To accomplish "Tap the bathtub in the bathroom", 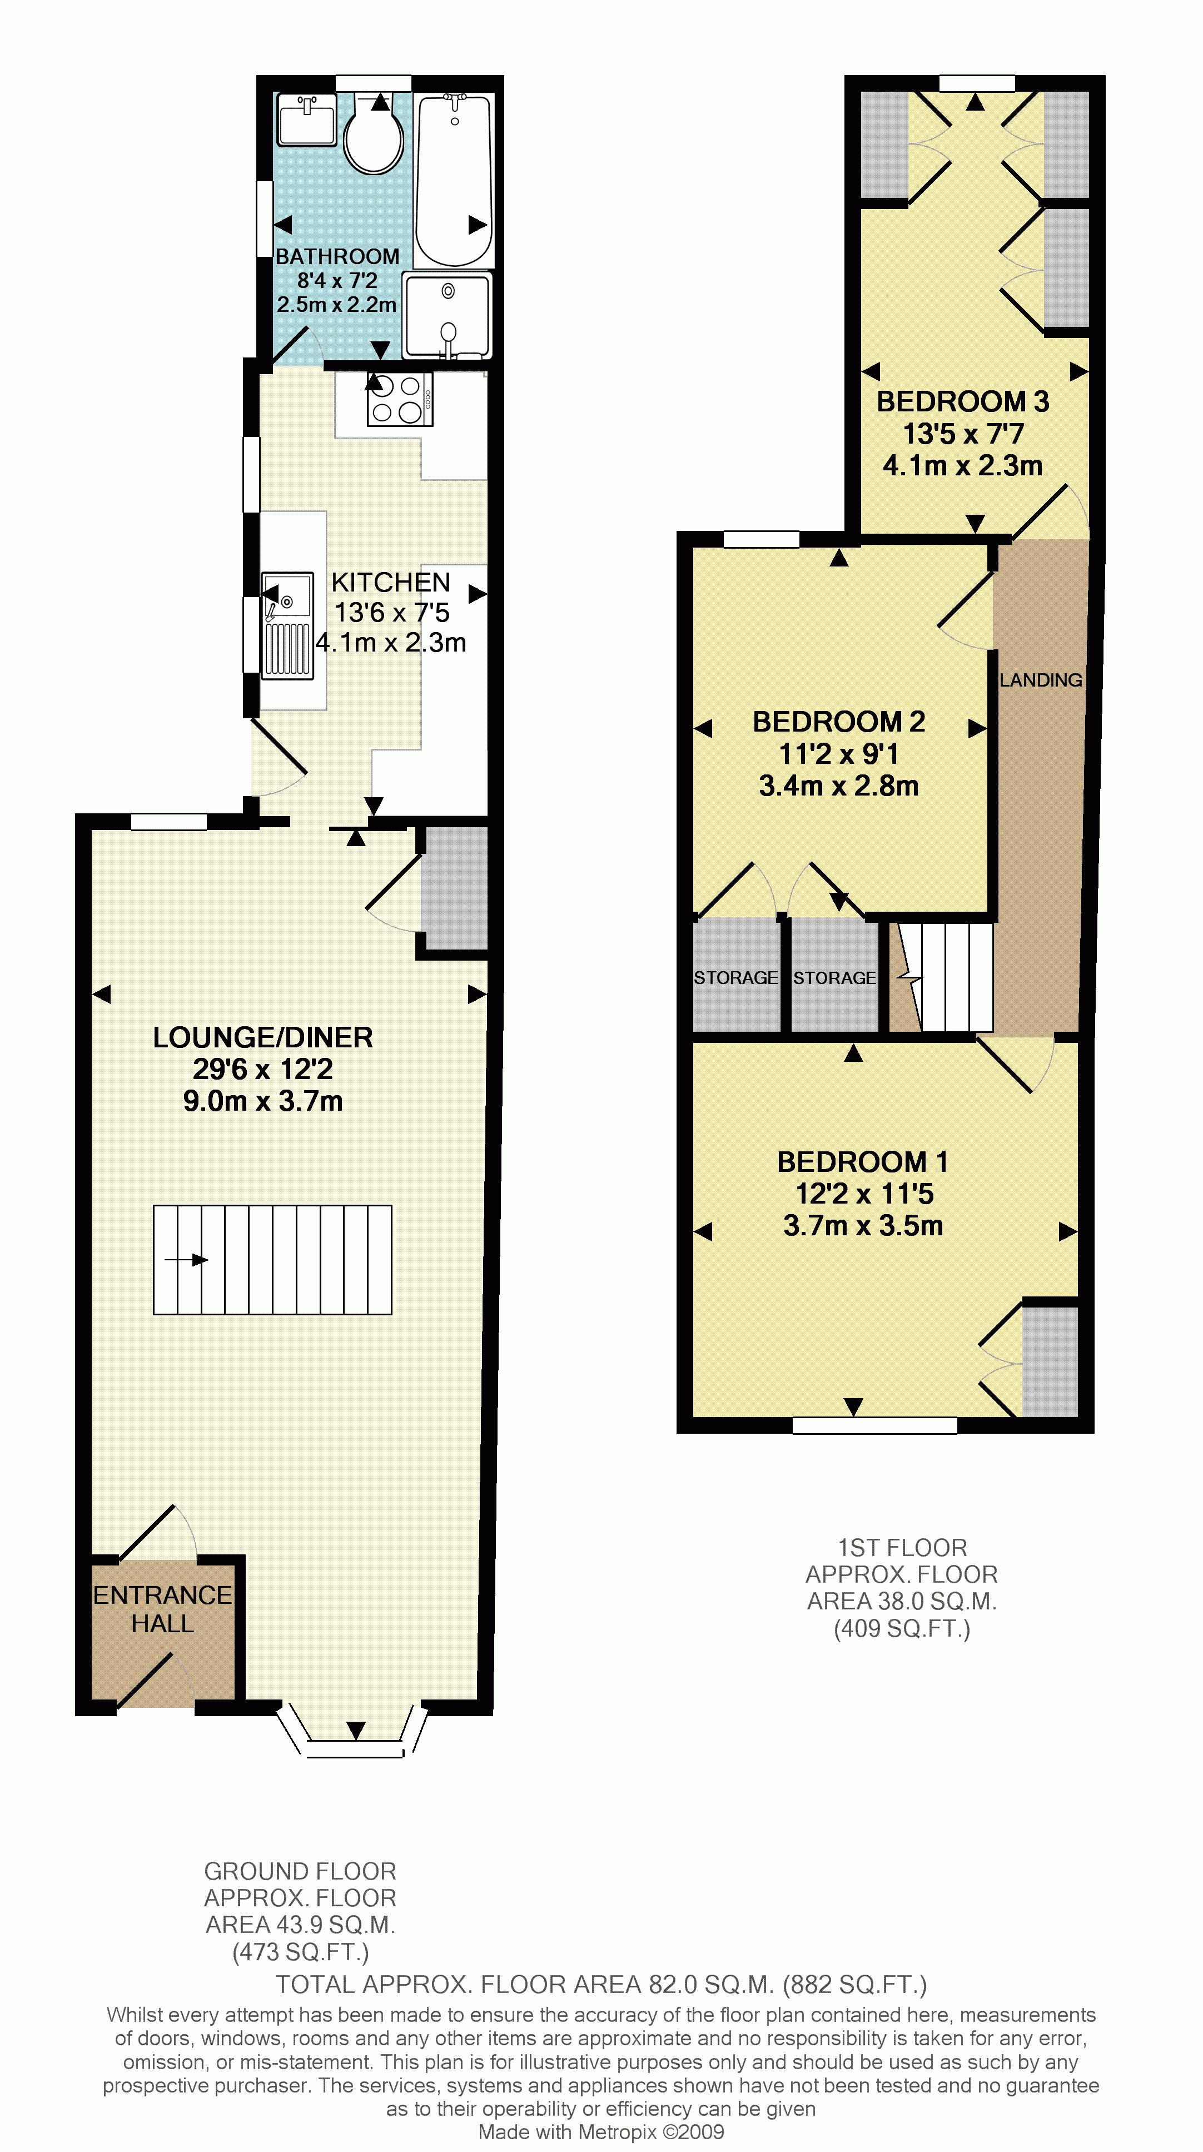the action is [x=455, y=180].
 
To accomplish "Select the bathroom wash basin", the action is [x=307, y=120].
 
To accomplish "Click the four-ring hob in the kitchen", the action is [x=399, y=399].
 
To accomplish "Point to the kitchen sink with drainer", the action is [x=287, y=625].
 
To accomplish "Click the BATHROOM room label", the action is [x=337, y=256].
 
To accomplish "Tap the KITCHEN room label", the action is [x=390, y=582].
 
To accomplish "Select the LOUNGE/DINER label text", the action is [x=262, y=1037].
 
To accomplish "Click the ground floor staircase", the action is [x=272, y=1260].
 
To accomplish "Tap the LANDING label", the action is [x=1040, y=680].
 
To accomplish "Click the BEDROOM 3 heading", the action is [x=962, y=402].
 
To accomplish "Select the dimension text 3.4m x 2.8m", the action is [x=839, y=786].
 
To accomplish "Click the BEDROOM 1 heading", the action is [x=862, y=1162].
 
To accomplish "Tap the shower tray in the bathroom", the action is [x=448, y=315].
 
